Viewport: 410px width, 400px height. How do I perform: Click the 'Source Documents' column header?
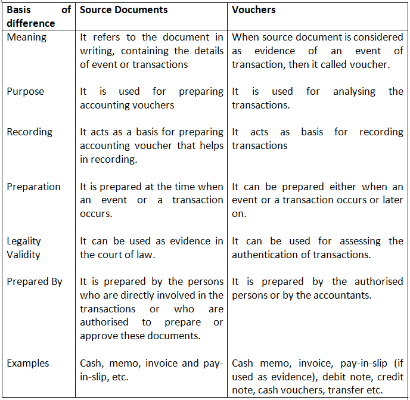[123, 10]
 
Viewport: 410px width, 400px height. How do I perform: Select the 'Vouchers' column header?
[252, 10]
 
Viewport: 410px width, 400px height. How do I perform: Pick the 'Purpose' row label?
[25, 92]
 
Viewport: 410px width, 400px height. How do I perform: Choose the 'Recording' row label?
[29, 132]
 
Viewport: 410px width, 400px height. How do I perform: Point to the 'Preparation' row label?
[33, 187]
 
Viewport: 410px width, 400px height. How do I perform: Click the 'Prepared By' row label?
[35, 282]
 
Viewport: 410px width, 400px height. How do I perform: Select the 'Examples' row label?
[28, 363]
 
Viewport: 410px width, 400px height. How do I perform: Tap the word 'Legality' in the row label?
[24, 241]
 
